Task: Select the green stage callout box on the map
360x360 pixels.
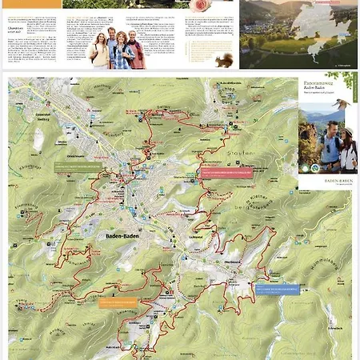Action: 78,166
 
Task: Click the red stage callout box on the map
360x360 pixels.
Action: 226,171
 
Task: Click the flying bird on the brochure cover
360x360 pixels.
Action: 341,102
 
